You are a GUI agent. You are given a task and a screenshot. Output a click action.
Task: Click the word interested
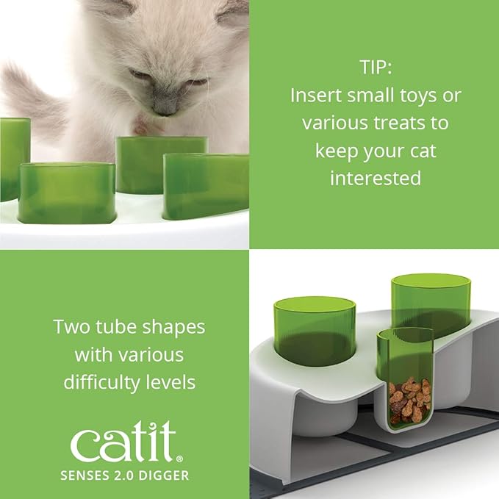[x=375, y=178]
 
